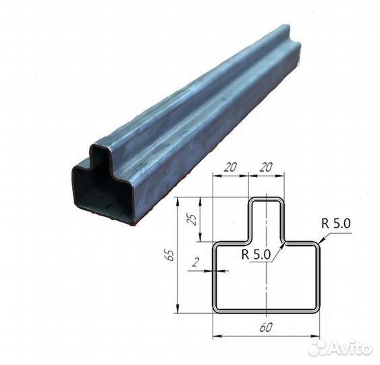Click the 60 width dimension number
point(265,326)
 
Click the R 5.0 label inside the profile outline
point(256,255)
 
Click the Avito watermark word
point(351,348)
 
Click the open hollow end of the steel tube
point(101,193)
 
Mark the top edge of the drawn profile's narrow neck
point(267,199)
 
